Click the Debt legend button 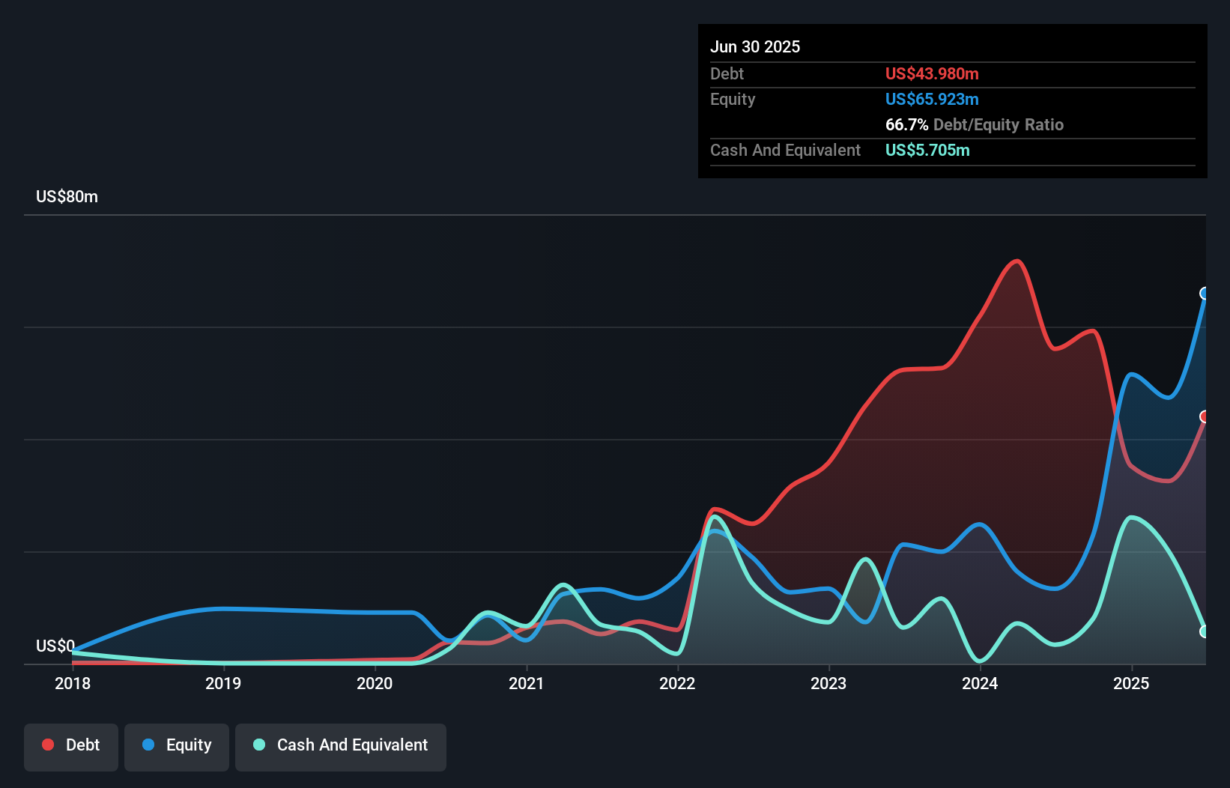pyautogui.click(x=71, y=745)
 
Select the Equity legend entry pyautogui.click(x=177, y=745)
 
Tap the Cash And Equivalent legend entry pyautogui.click(x=341, y=745)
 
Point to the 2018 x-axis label pyautogui.click(x=73, y=683)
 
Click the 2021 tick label pyautogui.click(x=526, y=683)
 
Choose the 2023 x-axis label pyautogui.click(x=828, y=683)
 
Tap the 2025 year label pyautogui.click(x=1131, y=683)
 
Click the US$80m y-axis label pyautogui.click(x=67, y=197)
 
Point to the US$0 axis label pyautogui.click(x=55, y=646)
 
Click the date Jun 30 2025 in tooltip pyautogui.click(x=755, y=47)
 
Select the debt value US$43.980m pyautogui.click(x=932, y=74)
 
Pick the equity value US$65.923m pyautogui.click(x=932, y=100)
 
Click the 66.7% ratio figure pyautogui.click(x=906, y=125)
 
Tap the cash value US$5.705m pyautogui.click(x=927, y=151)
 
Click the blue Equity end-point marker pyautogui.click(x=1205, y=293)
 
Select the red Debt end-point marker pyautogui.click(x=1205, y=416)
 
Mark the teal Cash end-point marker pyautogui.click(x=1205, y=631)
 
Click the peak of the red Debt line pyautogui.click(x=1017, y=261)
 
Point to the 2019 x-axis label pyautogui.click(x=223, y=683)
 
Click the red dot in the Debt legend pyautogui.click(x=48, y=745)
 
